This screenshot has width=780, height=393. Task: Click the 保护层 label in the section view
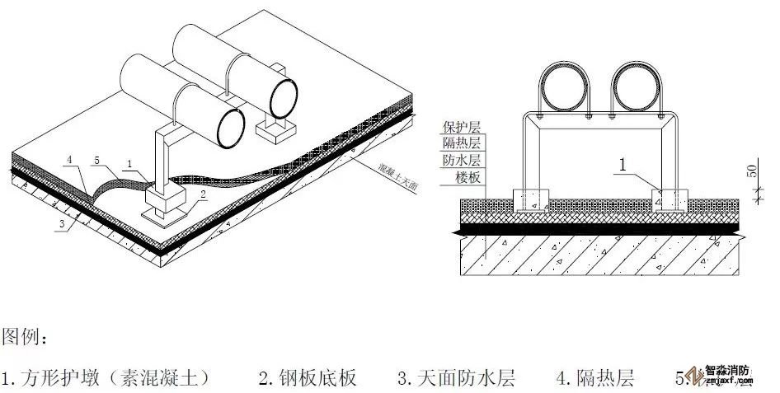pos(461,126)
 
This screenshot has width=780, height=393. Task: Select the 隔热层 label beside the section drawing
pos(461,143)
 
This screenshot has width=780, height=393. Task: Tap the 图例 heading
pos(26,338)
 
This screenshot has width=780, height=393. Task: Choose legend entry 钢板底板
pos(308,378)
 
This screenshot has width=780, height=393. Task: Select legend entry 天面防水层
pos(456,378)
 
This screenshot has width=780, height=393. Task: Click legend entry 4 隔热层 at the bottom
pos(594,378)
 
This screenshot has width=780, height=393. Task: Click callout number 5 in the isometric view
pos(96,159)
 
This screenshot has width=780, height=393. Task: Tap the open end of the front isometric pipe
pos(230,129)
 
